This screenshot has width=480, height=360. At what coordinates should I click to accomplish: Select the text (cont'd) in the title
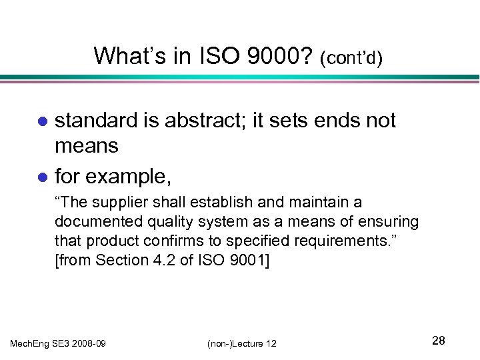coord(351,58)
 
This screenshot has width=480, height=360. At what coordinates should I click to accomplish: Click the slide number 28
coord(438,341)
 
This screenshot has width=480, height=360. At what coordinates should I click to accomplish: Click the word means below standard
coord(87,146)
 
